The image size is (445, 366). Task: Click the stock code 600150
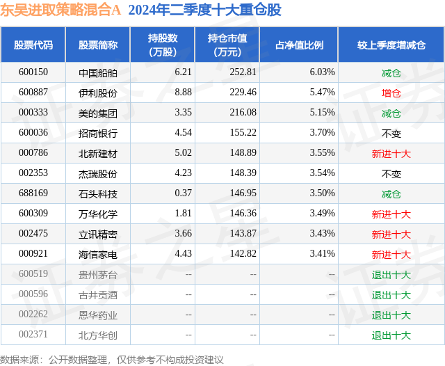33,72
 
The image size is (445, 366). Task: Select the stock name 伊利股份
98,93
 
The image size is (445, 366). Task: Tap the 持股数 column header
163,45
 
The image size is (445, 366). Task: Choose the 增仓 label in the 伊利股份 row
391,93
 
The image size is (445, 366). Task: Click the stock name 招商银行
98,133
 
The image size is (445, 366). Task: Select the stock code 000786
33,153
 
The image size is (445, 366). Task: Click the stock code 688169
33,193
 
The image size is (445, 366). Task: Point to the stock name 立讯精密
98,234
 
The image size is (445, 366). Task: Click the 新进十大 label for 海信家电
391,255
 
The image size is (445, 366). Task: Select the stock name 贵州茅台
98,275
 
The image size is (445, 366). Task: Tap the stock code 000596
33,295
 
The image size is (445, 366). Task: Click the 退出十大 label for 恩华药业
391,315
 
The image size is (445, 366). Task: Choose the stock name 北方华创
98,335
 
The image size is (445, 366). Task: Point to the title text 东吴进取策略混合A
60,10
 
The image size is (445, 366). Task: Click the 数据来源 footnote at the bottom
111,359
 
